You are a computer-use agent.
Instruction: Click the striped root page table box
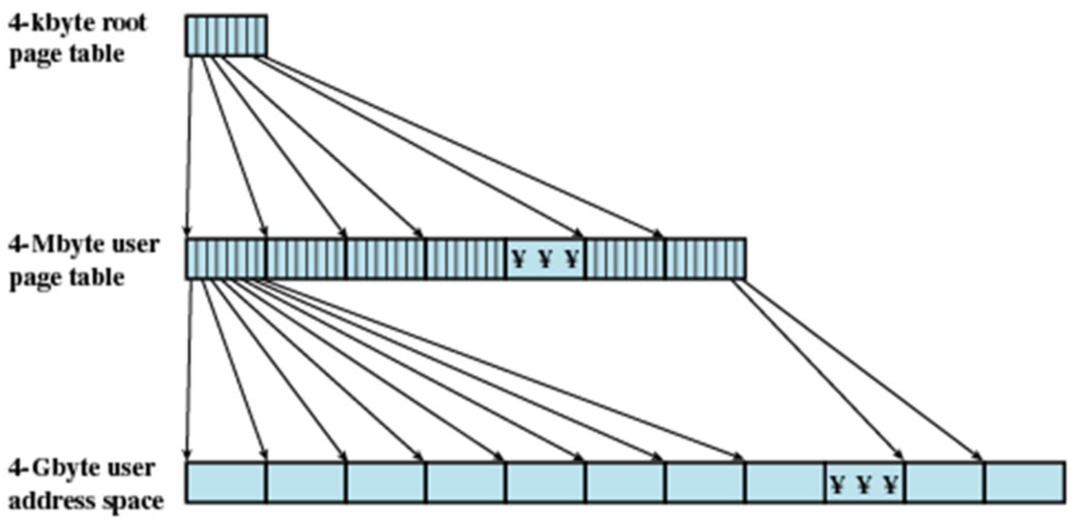226,35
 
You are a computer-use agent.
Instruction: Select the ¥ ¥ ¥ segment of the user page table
545,259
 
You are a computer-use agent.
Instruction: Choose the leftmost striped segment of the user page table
226,259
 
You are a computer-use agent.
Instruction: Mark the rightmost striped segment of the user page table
706,259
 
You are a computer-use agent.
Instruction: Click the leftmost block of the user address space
226,482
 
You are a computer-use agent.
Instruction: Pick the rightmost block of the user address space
1024,482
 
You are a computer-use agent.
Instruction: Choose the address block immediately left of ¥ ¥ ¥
785,482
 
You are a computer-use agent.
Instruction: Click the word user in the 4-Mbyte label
135,246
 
